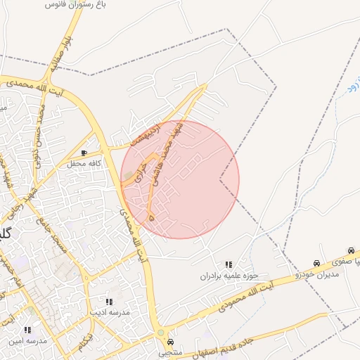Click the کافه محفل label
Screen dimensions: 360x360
pyautogui.click(x=84, y=164)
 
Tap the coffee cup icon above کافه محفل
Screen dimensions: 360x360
pyautogui.click(x=84, y=153)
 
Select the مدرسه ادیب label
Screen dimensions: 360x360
pyautogui.click(x=108, y=311)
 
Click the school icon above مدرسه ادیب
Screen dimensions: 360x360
pyautogui.click(x=108, y=302)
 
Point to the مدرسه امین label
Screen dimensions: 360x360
pyautogui.click(x=27, y=340)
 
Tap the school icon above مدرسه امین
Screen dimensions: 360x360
pyautogui.click(x=27, y=330)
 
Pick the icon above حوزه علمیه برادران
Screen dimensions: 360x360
pyautogui.click(x=228, y=265)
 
